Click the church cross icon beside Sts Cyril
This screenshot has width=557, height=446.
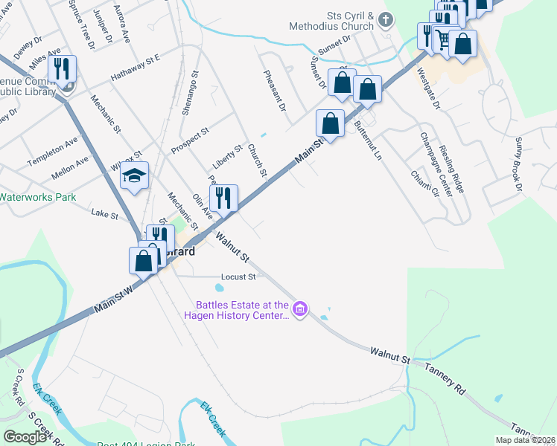click(x=386, y=20)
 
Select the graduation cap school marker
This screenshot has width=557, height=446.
click(x=135, y=176)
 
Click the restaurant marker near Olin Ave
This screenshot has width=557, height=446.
click(x=223, y=198)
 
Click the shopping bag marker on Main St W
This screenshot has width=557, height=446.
click(x=144, y=261)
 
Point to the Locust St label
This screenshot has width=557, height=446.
click(x=238, y=277)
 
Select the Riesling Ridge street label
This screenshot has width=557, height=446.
click(x=453, y=170)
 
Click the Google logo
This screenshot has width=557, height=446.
click(x=25, y=437)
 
